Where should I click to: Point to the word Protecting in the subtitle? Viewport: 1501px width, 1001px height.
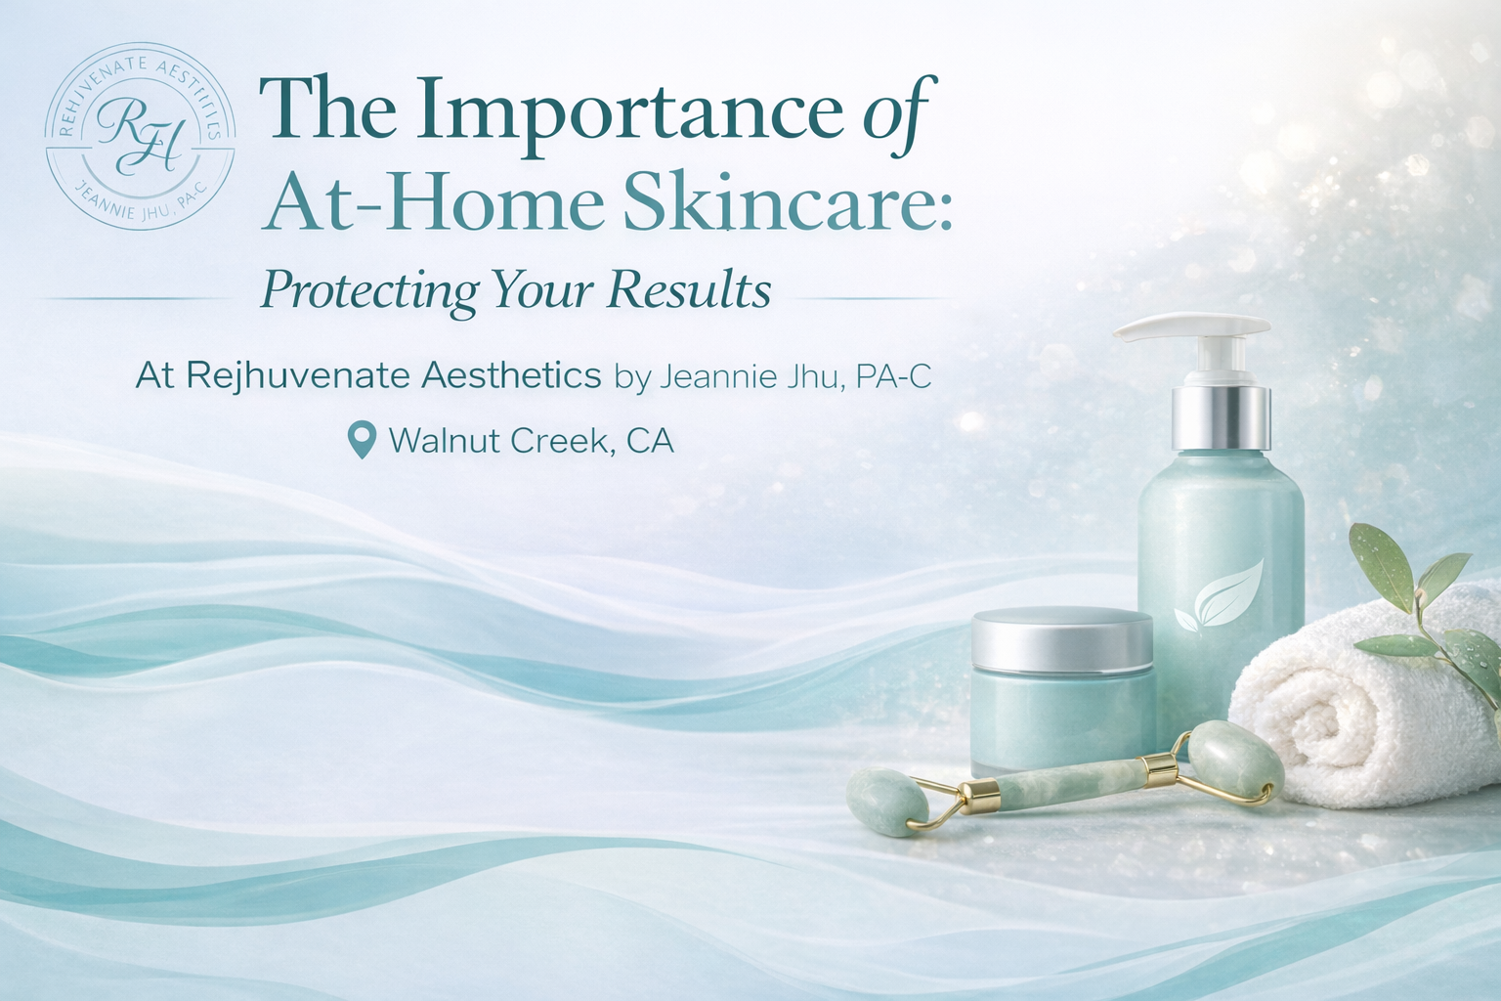(370, 290)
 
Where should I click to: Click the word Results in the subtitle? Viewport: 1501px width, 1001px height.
(689, 289)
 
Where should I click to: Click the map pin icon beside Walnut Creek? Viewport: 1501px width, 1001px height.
(363, 441)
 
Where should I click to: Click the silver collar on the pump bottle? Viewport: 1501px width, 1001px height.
(1222, 415)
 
